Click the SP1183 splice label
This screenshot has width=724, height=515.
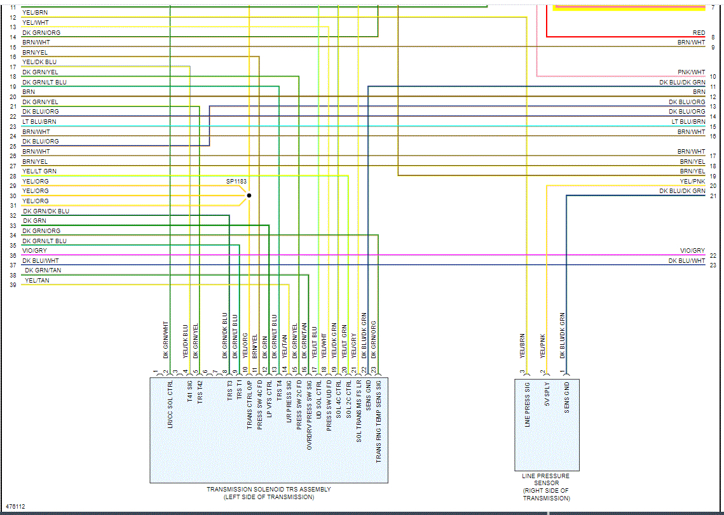236,182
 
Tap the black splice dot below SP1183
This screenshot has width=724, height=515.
249,196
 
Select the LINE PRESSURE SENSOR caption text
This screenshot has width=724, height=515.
546,487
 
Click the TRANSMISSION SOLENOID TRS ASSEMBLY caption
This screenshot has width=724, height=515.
269,493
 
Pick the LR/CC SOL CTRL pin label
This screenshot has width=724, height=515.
170,405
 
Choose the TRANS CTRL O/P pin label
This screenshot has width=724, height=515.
250,405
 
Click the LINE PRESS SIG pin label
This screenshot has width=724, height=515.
528,405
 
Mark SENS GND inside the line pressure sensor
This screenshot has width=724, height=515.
567,398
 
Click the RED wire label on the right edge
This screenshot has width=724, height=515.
699,33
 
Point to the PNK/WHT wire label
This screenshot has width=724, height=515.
691,73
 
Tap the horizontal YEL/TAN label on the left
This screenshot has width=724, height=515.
36,280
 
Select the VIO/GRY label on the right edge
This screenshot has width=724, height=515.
692,251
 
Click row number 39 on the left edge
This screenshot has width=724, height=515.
13,285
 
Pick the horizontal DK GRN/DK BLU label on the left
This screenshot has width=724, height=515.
46,211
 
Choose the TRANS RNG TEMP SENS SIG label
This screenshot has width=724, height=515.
379,420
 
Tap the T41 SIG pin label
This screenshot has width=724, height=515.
190,392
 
